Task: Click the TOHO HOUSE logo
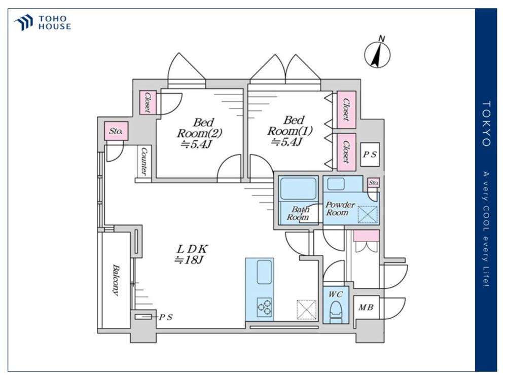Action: click(x=43, y=23)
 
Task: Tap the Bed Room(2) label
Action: click(x=199, y=133)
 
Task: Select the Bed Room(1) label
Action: click(x=290, y=131)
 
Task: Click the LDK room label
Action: click(x=192, y=254)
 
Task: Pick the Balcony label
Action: click(x=115, y=280)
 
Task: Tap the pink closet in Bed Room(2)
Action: click(x=148, y=102)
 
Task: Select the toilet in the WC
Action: click(x=336, y=312)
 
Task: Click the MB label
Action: click(x=366, y=308)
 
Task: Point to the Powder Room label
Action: click(x=339, y=208)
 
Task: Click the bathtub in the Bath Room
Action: click(x=298, y=188)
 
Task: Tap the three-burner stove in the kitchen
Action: click(x=265, y=307)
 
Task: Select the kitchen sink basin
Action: click(x=264, y=272)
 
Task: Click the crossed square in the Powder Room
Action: click(x=368, y=214)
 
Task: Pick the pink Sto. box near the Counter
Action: click(x=116, y=131)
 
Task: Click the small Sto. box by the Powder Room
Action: click(x=374, y=183)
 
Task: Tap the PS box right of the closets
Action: click(x=370, y=155)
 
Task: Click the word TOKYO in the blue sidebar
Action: click(x=486, y=124)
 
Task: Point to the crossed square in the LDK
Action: click(x=307, y=310)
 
